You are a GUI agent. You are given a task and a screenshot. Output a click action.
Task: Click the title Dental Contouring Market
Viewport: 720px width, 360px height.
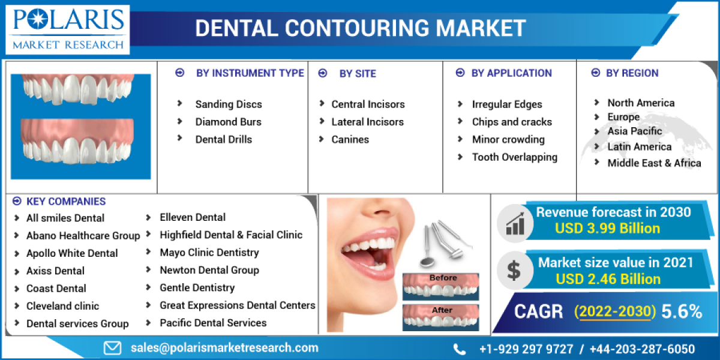(x=361, y=28)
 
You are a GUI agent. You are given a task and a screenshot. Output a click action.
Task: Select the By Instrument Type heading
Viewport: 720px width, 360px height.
(x=250, y=73)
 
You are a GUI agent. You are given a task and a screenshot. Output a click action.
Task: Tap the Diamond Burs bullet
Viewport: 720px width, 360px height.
(x=228, y=122)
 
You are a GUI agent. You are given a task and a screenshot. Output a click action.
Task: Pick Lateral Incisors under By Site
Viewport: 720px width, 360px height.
(x=367, y=122)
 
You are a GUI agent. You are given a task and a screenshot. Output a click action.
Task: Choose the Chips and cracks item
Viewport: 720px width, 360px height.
(x=512, y=122)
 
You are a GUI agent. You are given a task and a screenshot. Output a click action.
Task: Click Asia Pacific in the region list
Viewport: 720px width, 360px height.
(x=634, y=131)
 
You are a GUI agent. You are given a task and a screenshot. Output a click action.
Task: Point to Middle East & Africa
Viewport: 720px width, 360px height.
(x=654, y=163)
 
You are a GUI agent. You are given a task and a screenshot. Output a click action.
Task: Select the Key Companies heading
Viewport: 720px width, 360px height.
(x=65, y=202)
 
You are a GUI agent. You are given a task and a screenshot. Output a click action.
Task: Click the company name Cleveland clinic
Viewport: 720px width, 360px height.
(x=62, y=306)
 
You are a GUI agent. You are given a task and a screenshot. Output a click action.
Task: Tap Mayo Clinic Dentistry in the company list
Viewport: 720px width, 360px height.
(x=209, y=253)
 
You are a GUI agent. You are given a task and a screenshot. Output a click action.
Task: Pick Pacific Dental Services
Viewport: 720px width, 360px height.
(x=213, y=323)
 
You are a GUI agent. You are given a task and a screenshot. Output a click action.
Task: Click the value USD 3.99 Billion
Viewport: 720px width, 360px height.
(x=607, y=229)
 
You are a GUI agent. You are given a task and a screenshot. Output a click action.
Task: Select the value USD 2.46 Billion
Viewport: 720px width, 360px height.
(x=608, y=279)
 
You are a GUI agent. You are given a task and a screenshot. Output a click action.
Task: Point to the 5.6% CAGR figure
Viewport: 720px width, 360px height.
(x=681, y=311)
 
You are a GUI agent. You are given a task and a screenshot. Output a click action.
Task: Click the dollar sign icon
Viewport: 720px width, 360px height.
(x=514, y=270)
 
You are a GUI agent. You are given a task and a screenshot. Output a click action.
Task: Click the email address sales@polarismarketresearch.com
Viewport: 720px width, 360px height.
(x=224, y=347)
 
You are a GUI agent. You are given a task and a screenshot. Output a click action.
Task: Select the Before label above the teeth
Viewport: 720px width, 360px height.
(x=443, y=278)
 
